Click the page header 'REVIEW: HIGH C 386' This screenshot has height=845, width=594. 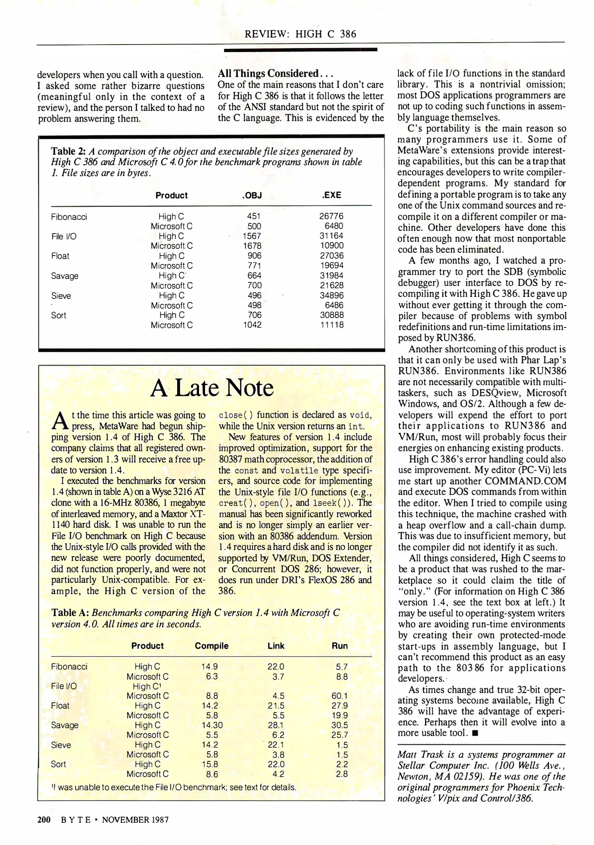coord(300,34)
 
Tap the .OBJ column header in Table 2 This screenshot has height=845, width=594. coord(252,195)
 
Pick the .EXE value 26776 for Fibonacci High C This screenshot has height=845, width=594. coord(331,216)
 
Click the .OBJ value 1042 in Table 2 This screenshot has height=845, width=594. coord(252,325)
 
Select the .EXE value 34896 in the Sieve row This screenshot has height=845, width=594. coord(331,295)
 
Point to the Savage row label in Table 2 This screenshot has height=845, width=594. coord(65,276)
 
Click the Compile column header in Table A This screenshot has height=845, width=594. coord(212,646)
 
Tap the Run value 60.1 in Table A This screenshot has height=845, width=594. coord(339,696)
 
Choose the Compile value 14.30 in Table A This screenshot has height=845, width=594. coord(212,725)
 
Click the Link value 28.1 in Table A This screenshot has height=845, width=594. coord(276,725)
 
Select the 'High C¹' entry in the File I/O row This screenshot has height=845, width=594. coord(147,686)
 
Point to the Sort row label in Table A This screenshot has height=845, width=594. coord(58,764)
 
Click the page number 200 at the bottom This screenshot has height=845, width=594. coord(44,820)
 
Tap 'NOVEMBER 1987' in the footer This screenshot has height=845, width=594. coord(135,820)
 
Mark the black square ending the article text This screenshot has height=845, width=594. coord(475,733)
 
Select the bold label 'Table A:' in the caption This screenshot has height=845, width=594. coord(70,613)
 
